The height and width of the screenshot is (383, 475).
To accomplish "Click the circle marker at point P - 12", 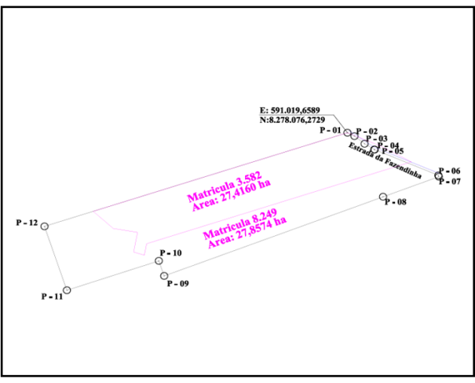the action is click(x=45, y=226).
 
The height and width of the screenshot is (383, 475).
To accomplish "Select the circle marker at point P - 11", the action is click(x=67, y=290).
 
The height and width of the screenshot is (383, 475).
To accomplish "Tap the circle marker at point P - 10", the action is click(x=159, y=260).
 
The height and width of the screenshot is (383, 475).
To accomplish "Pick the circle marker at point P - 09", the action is click(x=164, y=275).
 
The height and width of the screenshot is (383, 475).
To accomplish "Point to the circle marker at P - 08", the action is click(x=383, y=197).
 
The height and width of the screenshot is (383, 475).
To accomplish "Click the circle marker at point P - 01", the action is click(x=348, y=133).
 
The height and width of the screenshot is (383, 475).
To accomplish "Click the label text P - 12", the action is click(x=27, y=223).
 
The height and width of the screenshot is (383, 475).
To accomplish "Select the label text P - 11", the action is click(x=52, y=296).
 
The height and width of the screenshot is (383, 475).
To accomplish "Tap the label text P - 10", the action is click(x=171, y=252).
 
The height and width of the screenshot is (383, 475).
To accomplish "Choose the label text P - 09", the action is click(x=178, y=283).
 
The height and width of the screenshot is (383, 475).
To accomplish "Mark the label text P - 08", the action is click(x=396, y=202).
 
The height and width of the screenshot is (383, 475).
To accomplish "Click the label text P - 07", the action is click(x=450, y=182).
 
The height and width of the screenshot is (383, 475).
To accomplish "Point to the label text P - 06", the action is click(x=450, y=171).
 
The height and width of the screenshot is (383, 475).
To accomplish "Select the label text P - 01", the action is click(x=331, y=131).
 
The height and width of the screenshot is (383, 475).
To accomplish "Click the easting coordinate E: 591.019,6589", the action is click(x=290, y=110).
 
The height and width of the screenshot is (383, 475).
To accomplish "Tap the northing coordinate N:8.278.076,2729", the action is click(x=292, y=120).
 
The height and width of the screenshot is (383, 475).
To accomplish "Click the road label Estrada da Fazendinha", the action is click(x=385, y=160).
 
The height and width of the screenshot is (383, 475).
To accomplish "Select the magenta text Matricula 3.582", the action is click(x=225, y=186).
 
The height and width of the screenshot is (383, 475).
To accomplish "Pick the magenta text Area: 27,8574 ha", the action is click(x=247, y=232).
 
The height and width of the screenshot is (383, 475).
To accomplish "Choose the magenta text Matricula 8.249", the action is click(x=240, y=223).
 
